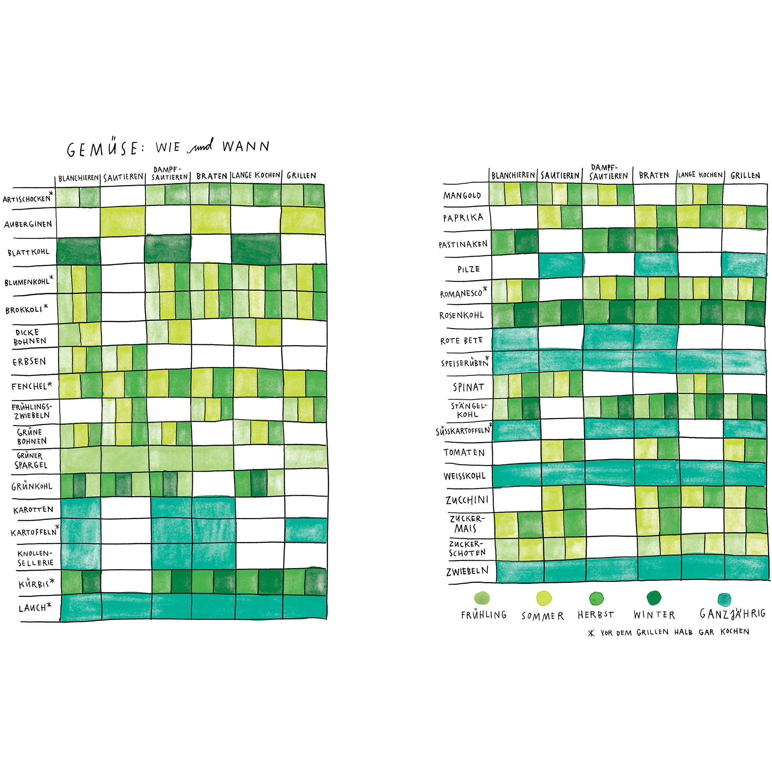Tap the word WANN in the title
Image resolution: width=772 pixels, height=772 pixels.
(246, 147)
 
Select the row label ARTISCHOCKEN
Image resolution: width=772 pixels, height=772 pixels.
(27, 199)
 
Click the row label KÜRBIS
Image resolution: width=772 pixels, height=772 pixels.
(34, 584)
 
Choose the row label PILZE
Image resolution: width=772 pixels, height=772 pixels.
(468, 269)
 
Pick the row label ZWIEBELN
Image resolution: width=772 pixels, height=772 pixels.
(467, 571)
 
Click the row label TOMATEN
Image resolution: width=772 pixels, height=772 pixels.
(464, 453)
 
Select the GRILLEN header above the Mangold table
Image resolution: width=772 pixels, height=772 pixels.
(745, 175)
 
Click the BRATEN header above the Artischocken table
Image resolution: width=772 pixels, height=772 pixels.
(212, 176)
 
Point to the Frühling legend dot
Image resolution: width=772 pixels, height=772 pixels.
(481, 599)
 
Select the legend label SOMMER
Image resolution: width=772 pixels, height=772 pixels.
(543, 616)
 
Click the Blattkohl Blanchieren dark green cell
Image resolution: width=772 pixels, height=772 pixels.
(78, 251)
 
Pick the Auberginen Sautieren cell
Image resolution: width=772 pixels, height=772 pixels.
(123, 221)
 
